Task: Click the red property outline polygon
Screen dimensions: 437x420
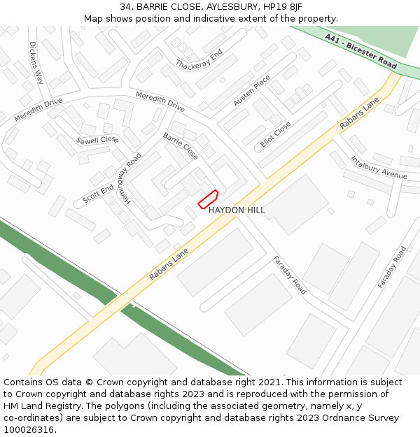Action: coord(208,200)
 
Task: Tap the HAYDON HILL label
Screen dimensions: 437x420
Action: coord(237,210)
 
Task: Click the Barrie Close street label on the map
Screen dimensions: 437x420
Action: coord(181,146)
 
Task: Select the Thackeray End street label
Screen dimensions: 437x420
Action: coord(199,60)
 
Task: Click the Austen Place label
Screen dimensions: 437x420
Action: coord(252,91)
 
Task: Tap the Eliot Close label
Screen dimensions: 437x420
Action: coord(276,134)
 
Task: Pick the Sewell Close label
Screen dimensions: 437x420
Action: coord(97,139)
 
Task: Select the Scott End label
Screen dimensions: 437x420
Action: coord(98,194)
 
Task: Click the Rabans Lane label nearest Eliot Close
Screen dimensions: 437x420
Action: coord(359,113)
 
